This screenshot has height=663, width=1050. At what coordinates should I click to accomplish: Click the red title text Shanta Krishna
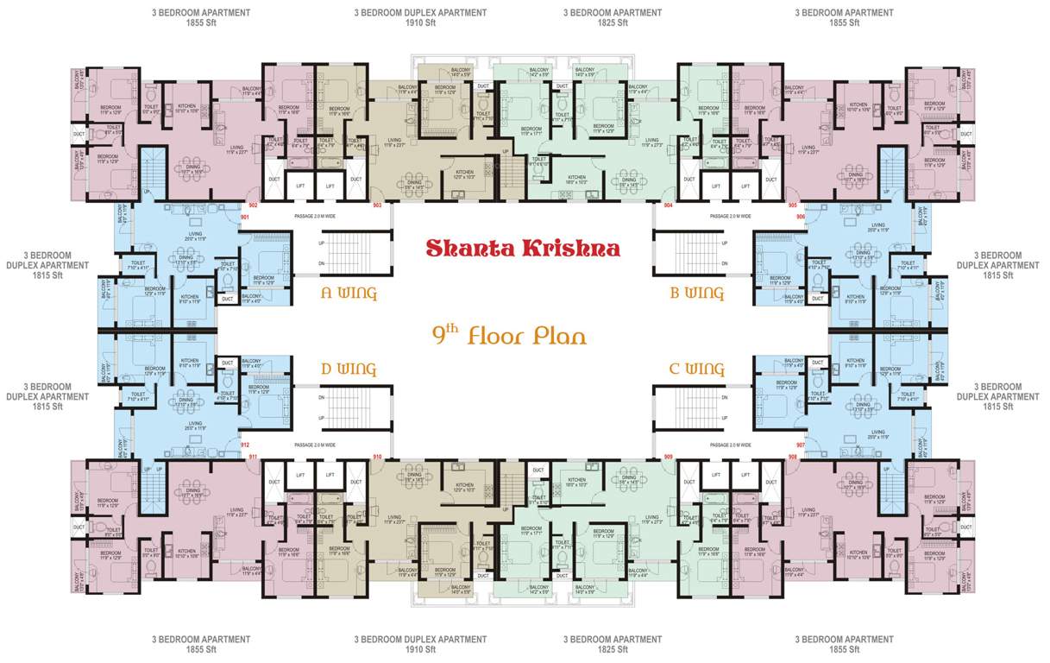click(x=523, y=249)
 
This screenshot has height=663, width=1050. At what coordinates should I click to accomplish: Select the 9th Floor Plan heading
click(x=509, y=335)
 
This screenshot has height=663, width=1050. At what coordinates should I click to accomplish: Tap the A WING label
click(x=349, y=294)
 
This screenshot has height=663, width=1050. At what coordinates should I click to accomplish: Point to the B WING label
click(x=696, y=294)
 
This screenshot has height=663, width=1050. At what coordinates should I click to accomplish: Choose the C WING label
click(x=696, y=369)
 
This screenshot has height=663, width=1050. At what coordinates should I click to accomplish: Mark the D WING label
click(x=349, y=369)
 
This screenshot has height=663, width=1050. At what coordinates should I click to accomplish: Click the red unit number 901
click(x=244, y=218)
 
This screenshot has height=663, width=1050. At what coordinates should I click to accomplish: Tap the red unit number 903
click(x=377, y=206)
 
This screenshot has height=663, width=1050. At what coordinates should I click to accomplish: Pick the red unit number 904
click(x=669, y=206)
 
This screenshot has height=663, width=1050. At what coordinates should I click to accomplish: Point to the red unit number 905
click(x=792, y=206)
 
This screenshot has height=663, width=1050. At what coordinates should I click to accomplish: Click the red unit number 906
click(x=801, y=218)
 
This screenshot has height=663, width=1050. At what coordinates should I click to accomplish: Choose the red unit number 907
click(x=801, y=445)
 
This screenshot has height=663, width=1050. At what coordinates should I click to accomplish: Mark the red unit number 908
click(x=792, y=456)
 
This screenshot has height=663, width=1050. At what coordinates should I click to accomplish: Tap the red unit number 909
click(x=669, y=456)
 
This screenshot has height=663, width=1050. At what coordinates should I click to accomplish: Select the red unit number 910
click(x=377, y=456)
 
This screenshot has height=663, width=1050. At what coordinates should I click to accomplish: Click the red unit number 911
click(x=253, y=456)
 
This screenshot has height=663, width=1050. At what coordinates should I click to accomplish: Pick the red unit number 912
click(x=244, y=445)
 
